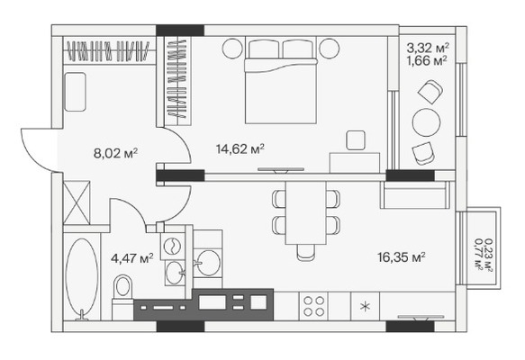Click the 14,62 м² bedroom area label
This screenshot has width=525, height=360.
(240, 148)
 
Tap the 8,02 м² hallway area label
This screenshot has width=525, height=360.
(115, 154)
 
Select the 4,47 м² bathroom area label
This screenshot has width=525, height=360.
(131, 258)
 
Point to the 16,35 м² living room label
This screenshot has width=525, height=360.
(402, 257)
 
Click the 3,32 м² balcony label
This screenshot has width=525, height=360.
(428, 48)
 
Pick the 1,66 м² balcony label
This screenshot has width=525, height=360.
(428, 61)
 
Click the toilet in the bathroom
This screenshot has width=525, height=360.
(122, 297)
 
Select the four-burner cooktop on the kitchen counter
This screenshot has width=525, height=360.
(313, 306)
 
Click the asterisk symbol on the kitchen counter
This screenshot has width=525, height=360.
(366, 307)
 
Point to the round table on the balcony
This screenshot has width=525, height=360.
(426, 122)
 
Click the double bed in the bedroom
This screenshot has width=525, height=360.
(281, 80)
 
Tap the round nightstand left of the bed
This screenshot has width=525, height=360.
(232, 49)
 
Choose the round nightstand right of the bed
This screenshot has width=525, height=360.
(329, 49)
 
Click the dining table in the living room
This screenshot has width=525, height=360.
(305, 212)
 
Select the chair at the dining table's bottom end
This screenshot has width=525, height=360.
(305, 252)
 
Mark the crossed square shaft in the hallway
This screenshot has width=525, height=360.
(77, 202)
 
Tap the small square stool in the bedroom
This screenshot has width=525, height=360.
(356, 140)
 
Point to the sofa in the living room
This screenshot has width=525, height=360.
(415, 195)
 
